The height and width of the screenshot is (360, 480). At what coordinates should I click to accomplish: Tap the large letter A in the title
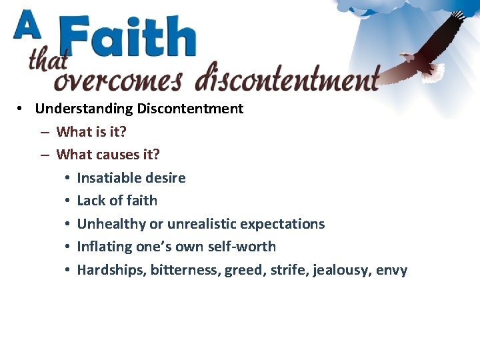point(27,29)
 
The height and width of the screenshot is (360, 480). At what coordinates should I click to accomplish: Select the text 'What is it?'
point(91,132)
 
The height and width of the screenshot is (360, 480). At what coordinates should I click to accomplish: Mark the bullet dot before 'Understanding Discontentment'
point(22,109)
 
